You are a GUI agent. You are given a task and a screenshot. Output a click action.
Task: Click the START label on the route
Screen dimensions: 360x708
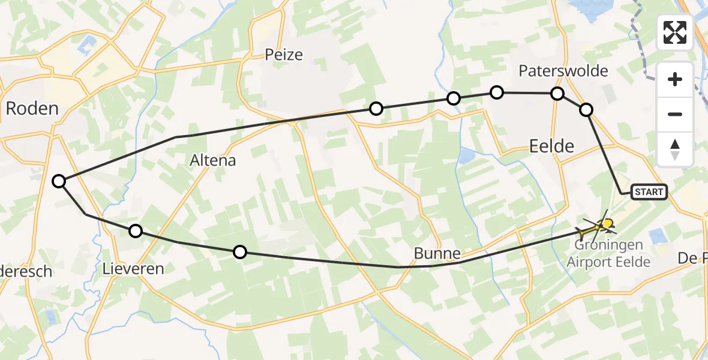coord(649,192)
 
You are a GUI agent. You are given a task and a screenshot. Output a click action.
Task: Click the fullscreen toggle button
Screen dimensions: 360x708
coord(675,32)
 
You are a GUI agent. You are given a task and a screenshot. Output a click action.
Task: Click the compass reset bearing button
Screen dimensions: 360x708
coord(675,149)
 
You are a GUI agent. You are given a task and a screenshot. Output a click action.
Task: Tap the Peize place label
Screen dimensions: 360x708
coord(284,55)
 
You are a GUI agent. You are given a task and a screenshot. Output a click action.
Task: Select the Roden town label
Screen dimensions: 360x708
coord(32,109)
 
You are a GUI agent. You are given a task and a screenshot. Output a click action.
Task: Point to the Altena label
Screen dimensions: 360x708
coord(213,160)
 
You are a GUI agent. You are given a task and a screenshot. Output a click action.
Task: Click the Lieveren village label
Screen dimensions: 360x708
coord(134,268)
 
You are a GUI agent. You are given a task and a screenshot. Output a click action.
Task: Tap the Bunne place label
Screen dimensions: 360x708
coord(437,253)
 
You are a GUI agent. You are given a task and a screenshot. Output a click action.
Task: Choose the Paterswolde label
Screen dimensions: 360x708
coord(563,71)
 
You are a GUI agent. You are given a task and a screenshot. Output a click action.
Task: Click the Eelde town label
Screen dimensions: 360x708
coord(552,145)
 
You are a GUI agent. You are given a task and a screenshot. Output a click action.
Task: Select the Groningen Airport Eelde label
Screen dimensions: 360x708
coord(609,253)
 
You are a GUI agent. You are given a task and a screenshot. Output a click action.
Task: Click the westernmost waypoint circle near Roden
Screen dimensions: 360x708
coord(59,181)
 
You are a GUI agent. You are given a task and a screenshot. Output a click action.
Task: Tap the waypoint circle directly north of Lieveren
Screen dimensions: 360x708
coord(136,231)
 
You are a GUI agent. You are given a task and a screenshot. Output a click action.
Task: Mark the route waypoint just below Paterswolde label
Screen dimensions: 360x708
coord(557,94)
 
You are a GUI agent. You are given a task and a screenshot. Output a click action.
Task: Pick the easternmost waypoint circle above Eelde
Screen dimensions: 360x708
coord(586,109)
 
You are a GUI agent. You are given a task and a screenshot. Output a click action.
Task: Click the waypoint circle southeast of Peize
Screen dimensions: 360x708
coord(376,109)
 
